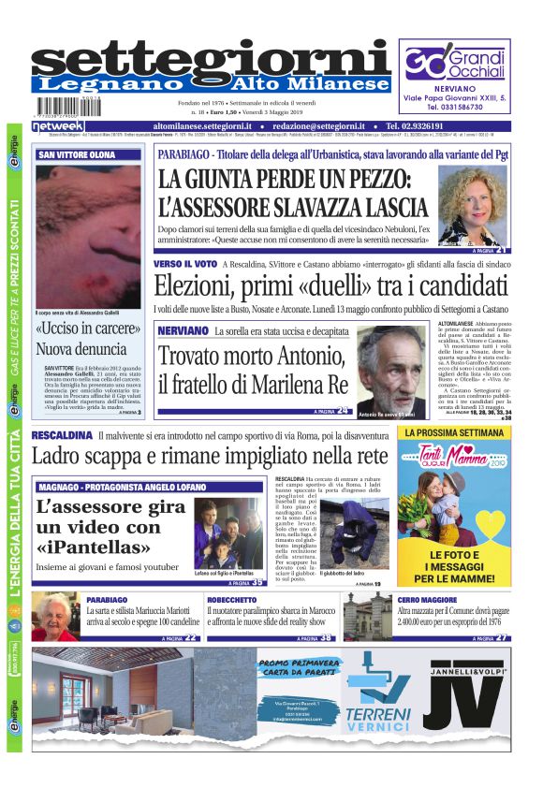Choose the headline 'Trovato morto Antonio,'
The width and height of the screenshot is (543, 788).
tap(252, 355)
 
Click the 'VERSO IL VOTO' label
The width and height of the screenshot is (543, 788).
tap(185, 265)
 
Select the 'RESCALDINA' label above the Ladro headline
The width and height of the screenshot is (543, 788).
tap(61, 435)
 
